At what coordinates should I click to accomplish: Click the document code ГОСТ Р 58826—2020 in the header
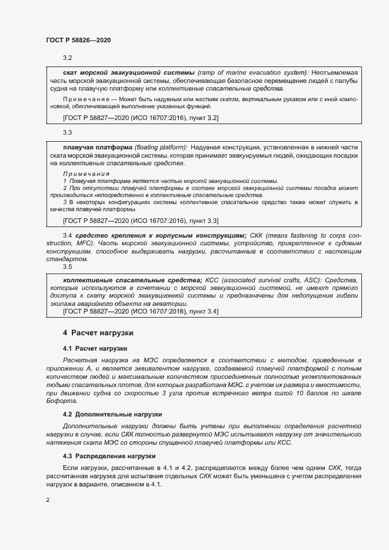point(78,40)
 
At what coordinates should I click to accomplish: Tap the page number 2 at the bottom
point(48,500)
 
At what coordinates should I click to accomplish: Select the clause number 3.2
point(67,58)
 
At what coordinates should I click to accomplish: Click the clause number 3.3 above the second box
point(67,134)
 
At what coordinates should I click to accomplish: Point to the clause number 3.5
point(67,266)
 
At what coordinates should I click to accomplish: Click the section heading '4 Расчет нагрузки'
point(98,332)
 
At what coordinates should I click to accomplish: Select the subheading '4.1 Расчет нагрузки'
point(95,349)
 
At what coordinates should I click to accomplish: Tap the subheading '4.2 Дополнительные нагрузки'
point(112,415)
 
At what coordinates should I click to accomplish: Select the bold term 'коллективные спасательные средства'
point(132,280)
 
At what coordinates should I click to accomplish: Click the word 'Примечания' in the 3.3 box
point(86,174)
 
